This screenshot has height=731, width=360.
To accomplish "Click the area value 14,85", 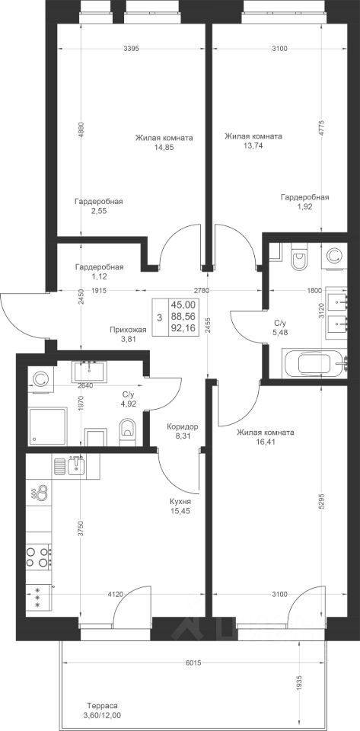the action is pyautogui.click(x=164, y=147).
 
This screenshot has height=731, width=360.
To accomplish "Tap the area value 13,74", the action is pyautogui.click(x=253, y=145).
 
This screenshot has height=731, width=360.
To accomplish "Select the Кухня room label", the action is pyautogui.click(x=180, y=502).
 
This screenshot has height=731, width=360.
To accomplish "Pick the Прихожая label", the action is pyautogui.click(x=128, y=330).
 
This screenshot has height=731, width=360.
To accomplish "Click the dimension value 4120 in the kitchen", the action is pyautogui.click(x=115, y=594).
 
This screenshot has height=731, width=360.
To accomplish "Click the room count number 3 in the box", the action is pyautogui.click(x=160, y=318).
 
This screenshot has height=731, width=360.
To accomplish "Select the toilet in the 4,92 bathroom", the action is pyautogui.click(x=127, y=430).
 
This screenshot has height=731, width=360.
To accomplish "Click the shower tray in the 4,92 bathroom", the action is pyautogui.click(x=47, y=426).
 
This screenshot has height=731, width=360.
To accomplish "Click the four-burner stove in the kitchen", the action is pyautogui.click(x=39, y=557).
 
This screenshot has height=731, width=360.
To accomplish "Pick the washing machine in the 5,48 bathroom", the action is pyautogui.click(x=334, y=256).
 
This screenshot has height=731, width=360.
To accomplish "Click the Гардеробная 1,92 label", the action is pyautogui.click(x=305, y=202).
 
